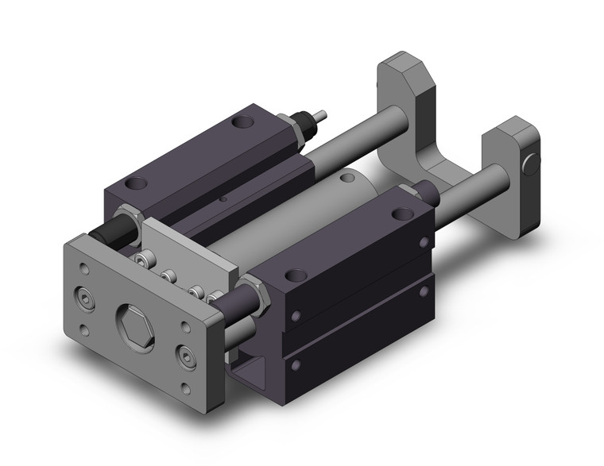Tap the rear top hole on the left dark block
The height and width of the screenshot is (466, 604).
point(240,124)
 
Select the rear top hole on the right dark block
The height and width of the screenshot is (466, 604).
point(401,212)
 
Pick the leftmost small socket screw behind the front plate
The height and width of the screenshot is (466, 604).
point(143,260)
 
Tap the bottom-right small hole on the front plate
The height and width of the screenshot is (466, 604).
point(185,387)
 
